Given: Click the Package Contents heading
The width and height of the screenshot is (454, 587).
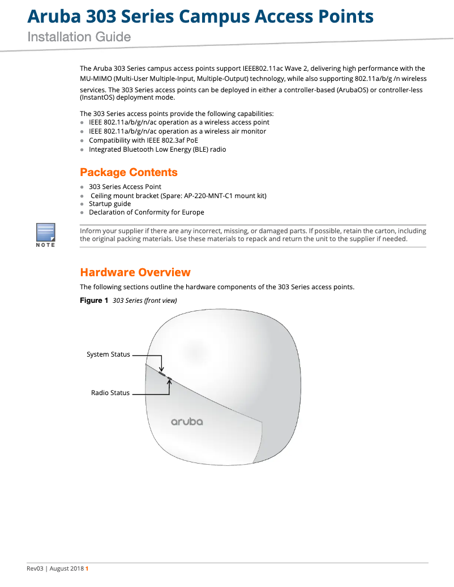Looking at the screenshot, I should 129,172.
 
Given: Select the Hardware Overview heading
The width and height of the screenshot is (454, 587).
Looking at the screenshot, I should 135,272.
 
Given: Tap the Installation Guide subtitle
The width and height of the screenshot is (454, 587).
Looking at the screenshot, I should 79,37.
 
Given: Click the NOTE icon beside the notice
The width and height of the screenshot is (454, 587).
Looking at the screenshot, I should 45,234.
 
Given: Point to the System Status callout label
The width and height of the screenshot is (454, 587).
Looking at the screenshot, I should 108,354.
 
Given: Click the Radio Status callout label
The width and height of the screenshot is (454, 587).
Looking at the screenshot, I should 110,393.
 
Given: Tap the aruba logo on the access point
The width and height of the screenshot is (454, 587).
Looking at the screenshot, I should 187,422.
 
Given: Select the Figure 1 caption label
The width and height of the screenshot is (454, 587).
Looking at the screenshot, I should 94,301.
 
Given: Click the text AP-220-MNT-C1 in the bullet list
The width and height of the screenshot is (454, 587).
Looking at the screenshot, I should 209,195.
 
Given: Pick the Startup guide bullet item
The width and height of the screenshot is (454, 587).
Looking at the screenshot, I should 110,204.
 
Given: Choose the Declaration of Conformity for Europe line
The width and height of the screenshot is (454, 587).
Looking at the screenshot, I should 147,212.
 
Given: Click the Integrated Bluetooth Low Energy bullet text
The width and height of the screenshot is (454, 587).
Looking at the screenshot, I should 157,149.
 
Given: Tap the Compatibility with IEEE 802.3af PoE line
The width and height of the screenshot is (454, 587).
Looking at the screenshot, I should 143,140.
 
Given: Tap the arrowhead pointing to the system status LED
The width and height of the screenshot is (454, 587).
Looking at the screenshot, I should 162,370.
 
